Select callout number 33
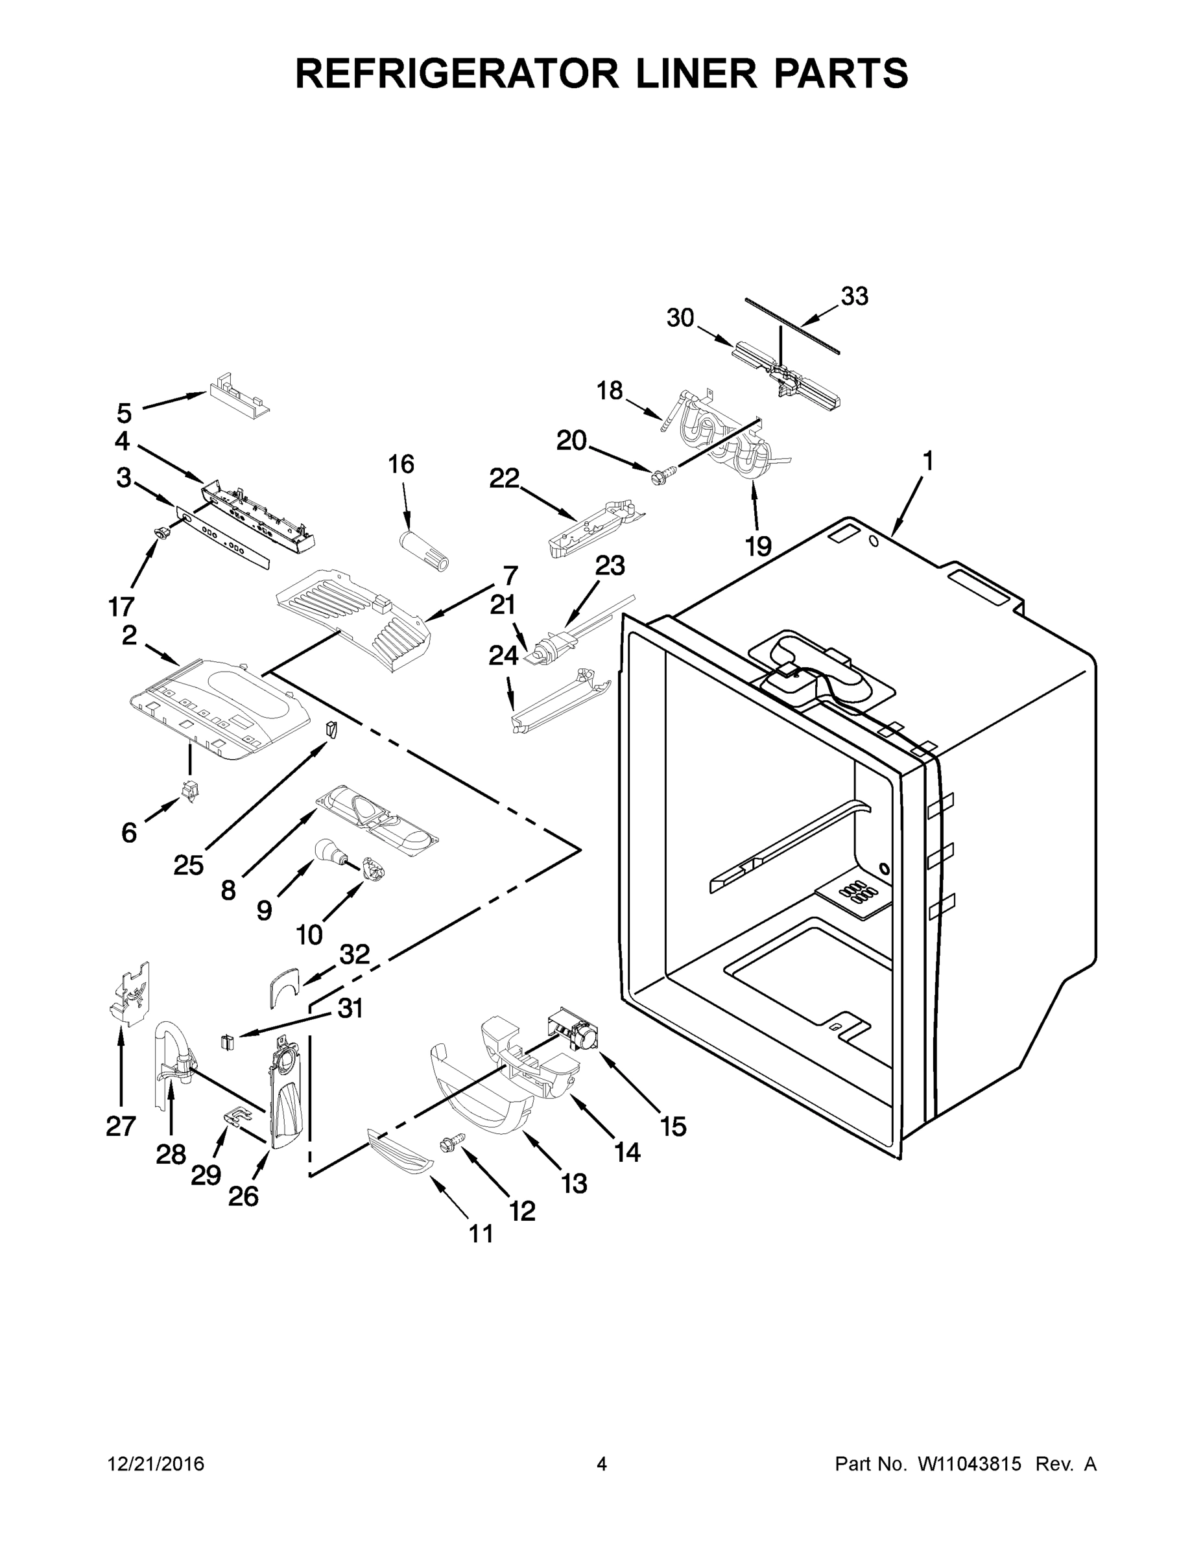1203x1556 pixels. (x=854, y=296)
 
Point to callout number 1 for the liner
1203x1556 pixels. (x=927, y=462)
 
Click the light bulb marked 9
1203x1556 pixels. (x=329, y=850)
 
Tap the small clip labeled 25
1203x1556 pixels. (x=330, y=729)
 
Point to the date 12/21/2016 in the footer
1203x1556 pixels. (x=156, y=1463)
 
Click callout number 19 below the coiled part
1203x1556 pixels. (x=758, y=547)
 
